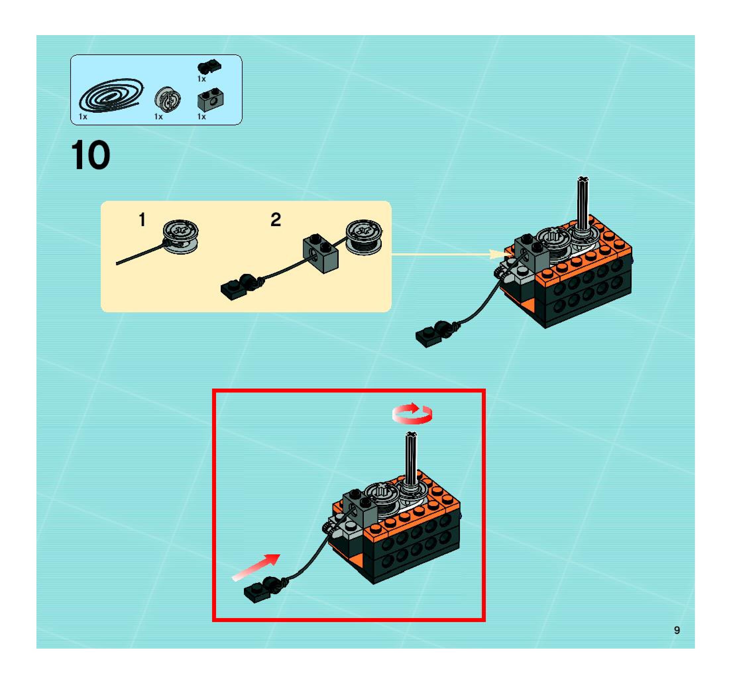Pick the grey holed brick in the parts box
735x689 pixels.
pyautogui.click(x=211, y=99)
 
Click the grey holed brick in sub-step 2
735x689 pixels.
pyautogui.click(x=320, y=253)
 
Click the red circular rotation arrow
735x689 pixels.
pyautogui.click(x=412, y=413)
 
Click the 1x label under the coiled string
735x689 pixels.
pyautogui.click(x=83, y=116)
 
